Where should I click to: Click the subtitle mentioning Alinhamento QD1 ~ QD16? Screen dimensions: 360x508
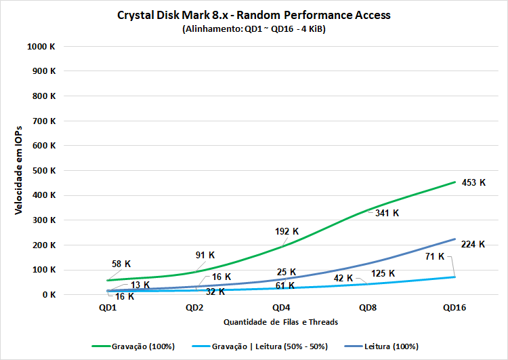coord(254,29)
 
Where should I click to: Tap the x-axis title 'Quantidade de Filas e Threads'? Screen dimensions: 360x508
coord(280,322)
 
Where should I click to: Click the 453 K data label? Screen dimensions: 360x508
coord(474,182)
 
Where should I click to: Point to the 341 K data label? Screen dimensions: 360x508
coord(387,213)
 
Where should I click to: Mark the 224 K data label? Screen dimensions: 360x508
coord(473,245)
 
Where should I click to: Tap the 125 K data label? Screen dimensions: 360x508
coord(383,273)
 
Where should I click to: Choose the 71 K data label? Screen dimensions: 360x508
coord(435,256)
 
